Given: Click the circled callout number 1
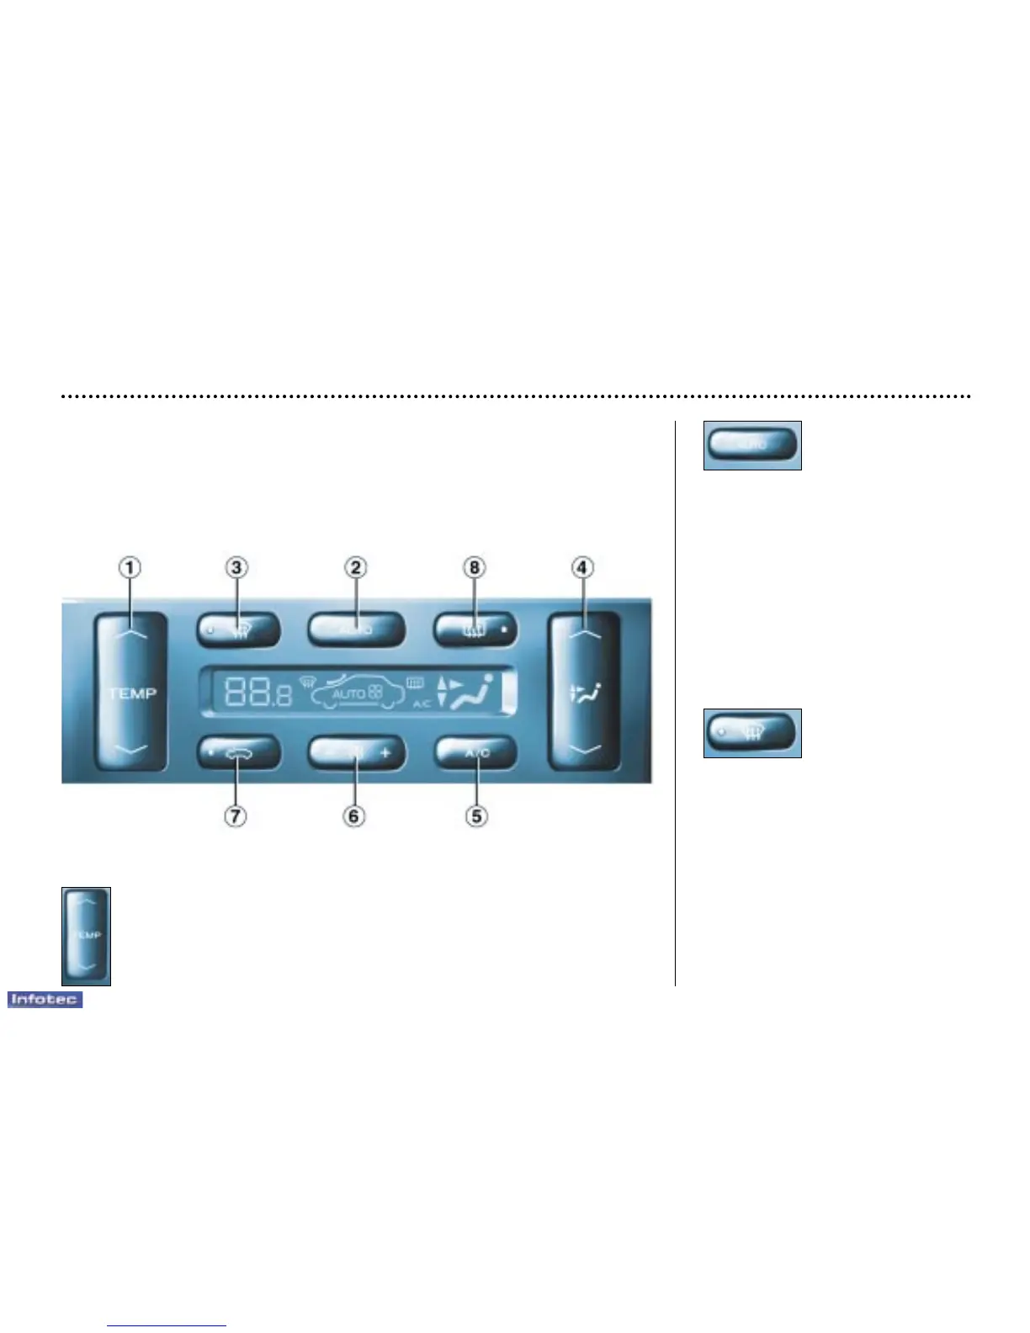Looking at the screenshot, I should [130, 568].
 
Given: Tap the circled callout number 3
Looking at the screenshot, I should [236, 568].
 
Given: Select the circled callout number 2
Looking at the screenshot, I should [356, 568].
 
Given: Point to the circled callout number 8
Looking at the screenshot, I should [475, 568].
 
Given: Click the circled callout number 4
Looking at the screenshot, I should [581, 568].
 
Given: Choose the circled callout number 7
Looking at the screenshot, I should [236, 815].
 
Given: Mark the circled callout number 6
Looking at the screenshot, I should [354, 815].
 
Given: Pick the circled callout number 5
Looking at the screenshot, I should [476, 815].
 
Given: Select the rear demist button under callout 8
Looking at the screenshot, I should [475, 629].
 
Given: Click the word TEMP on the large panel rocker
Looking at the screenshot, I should [132, 693].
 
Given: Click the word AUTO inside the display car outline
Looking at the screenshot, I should [348, 694].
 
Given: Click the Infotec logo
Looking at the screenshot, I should [45, 999].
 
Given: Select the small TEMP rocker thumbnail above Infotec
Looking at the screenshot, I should [86, 935].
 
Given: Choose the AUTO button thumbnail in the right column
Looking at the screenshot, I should [752, 444].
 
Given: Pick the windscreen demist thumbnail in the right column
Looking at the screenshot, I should [752, 733].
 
